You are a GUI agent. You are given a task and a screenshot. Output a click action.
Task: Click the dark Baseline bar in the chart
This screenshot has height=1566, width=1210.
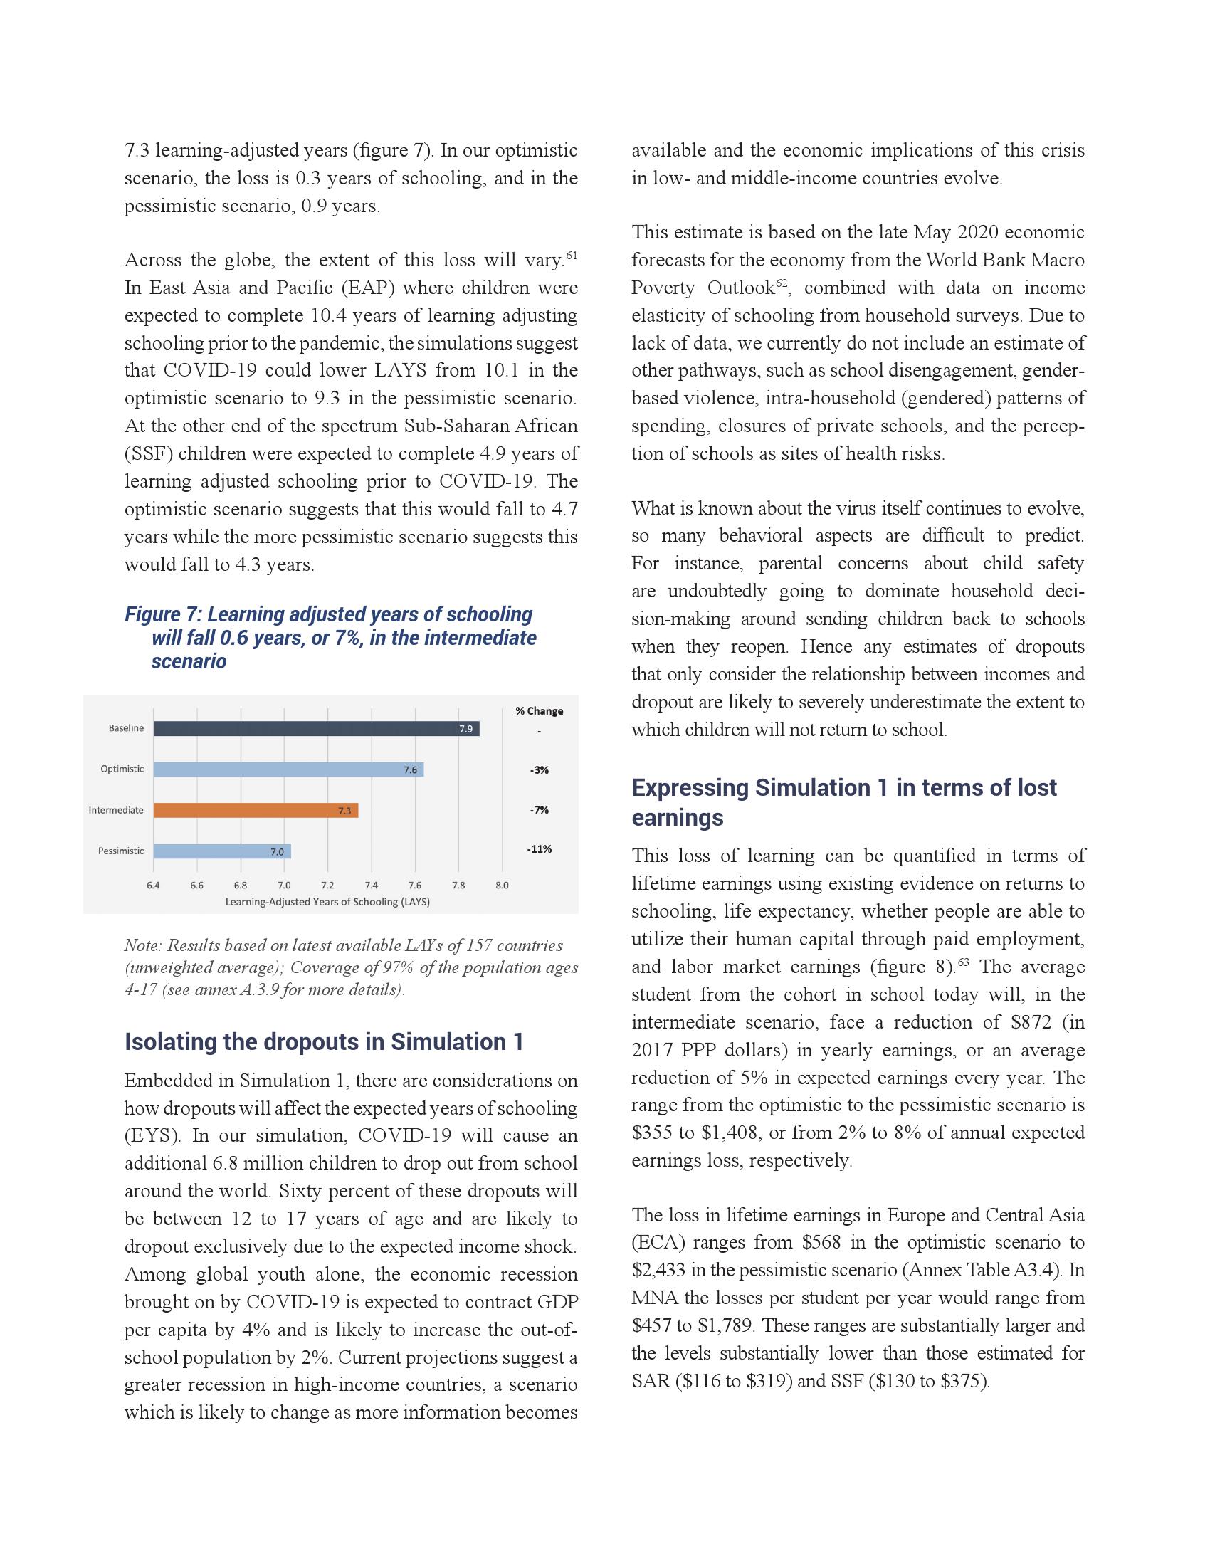tap(315, 728)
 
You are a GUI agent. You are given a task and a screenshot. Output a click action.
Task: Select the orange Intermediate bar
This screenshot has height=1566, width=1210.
tap(256, 810)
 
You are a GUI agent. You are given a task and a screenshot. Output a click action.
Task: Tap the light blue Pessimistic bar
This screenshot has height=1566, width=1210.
tap(221, 851)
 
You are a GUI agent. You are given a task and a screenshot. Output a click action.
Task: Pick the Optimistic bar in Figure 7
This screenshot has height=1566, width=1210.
tap(288, 769)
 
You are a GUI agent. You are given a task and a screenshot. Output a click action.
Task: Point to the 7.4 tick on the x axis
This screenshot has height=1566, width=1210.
tap(372, 885)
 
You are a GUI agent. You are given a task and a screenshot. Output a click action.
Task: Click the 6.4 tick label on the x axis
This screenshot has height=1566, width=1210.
tap(154, 885)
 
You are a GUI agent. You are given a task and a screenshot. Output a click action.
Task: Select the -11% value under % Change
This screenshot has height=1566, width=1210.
tap(539, 849)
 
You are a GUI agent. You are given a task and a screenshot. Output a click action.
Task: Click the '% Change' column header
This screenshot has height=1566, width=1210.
tap(539, 710)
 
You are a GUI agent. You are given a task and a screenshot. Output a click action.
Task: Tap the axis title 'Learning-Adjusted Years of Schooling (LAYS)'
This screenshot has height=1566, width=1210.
tap(327, 902)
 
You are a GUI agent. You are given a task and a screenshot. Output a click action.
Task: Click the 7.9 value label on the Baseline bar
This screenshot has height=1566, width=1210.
tap(466, 729)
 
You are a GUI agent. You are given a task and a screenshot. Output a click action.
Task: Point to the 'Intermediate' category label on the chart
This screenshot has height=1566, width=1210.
tap(116, 810)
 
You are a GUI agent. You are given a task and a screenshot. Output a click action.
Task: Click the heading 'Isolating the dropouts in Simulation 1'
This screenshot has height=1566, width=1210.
tap(324, 1042)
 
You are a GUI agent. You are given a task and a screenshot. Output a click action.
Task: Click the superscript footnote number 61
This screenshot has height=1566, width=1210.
tap(572, 256)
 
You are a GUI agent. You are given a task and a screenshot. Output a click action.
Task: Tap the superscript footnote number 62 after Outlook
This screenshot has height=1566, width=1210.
tap(782, 283)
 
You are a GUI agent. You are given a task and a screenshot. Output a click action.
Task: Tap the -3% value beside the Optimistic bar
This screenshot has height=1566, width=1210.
tap(539, 770)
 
